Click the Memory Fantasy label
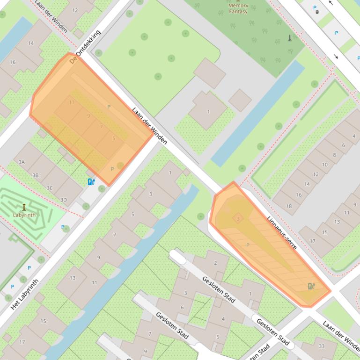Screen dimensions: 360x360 pyautogui.click(x=238, y=8)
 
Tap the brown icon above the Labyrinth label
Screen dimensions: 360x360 pyautogui.click(x=24, y=207)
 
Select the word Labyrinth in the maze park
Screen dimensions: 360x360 pyautogui.click(x=24, y=215)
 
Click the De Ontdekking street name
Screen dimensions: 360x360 pyautogui.click(x=85, y=47)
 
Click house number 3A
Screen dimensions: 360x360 pyautogui.click(x=22, y=162)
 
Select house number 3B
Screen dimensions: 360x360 pyautogui.click(x=36, y=175)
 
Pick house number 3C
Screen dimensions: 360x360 pyautogui.click(x=50, y=188)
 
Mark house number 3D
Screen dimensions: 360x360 pyautogui.click(x=64, y=200)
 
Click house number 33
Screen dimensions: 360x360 pyautogui.click(x=322, y=346)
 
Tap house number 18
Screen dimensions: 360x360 pyautogui.click(x=289, y=206)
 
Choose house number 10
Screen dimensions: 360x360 pyautogui.click(x=325, y=165)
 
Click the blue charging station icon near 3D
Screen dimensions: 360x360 pyautogui.click(x=91, y=181)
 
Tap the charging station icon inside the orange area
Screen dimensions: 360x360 pyautogui.click(x=311, y=286)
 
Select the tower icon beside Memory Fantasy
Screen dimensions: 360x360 pyautogui.click(x=289, y=38)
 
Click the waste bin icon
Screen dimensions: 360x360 pyautogui.click(x=317, y=12)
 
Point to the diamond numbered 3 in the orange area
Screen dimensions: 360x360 pyautogui.click(x=238, y=218)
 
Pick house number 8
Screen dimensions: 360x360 pyautogui.click(x=334, y=155)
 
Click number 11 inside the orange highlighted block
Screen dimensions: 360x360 pyautogui.click(x=72, y=102)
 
